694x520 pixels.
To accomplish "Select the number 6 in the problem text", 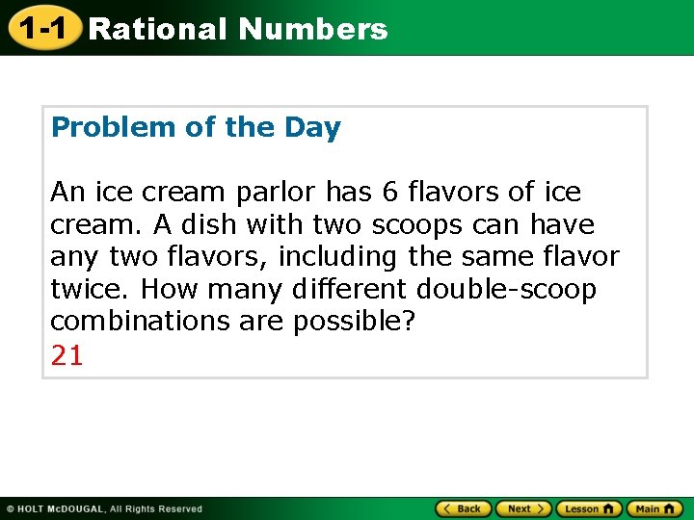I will pos(390,193).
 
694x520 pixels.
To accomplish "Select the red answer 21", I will pos(67,356).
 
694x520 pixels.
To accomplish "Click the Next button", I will pos(524,508).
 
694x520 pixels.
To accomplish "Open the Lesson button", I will pos(588,508).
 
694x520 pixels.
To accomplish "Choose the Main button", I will pos(654,508).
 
